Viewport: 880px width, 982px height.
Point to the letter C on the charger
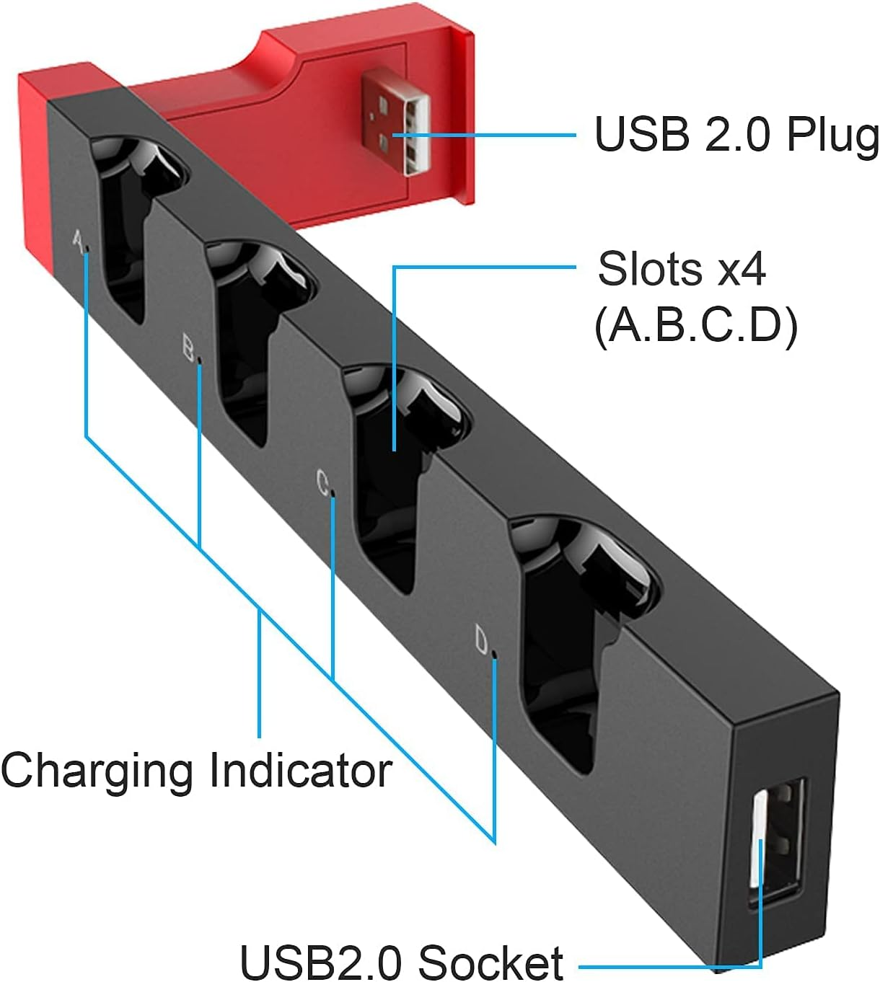pos(322,482)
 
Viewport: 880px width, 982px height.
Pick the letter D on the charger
pos(482,640)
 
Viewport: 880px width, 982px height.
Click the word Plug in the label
pos(832,135)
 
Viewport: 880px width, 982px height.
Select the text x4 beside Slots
pos(742,269)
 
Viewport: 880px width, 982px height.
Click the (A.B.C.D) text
pos(695,325)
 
